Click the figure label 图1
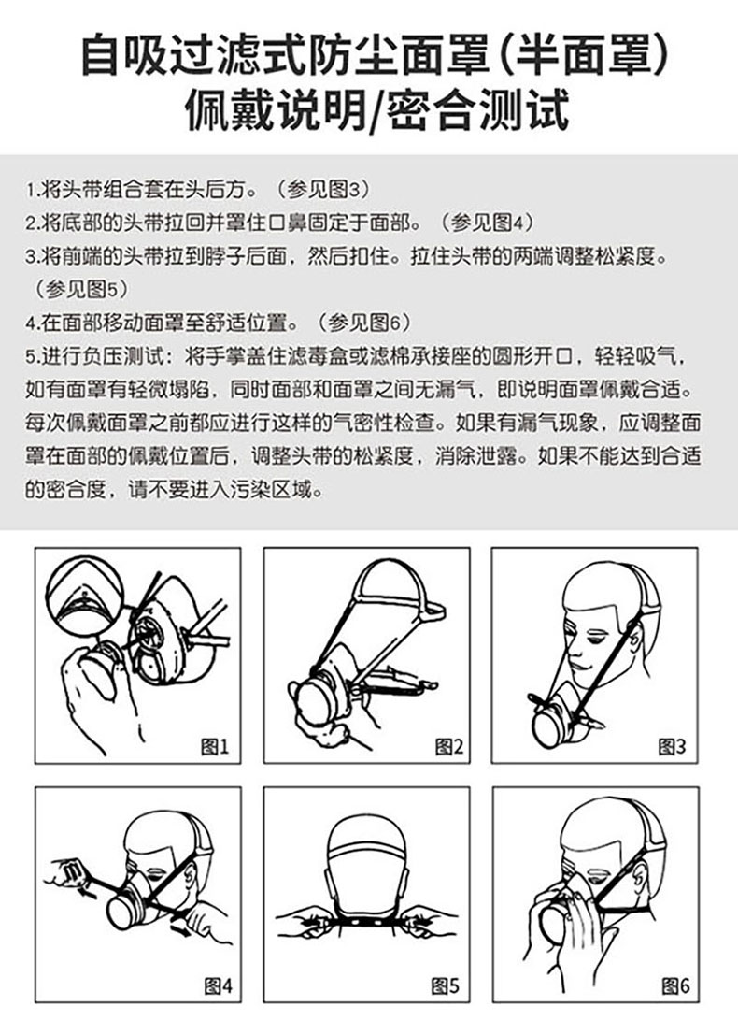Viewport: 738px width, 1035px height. click(214, 746)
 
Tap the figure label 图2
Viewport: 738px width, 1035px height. click(448, 746)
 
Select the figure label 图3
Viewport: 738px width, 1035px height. click(672, 746)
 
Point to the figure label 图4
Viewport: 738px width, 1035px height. click(219, 986)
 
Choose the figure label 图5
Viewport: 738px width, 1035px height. click(446, 986)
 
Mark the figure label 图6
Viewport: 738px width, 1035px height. click(676, 986)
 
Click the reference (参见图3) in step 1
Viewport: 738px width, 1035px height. click(322, 190)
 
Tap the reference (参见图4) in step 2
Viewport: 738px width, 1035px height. click(487, 223)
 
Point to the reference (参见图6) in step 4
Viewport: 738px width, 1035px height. click(363, 323)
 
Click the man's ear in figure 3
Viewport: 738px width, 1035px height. click(638, 641)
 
